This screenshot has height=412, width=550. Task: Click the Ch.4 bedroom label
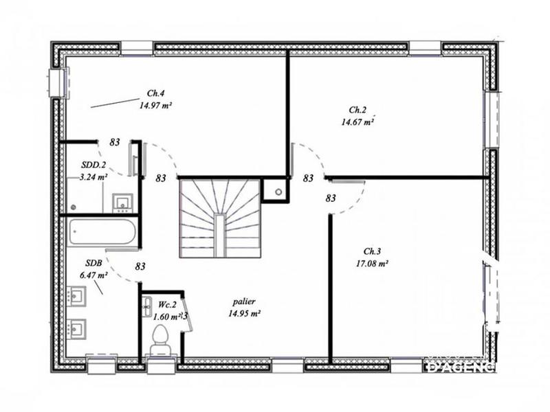155,93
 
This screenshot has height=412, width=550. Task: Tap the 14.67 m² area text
357,122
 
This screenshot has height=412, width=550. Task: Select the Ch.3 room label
373,251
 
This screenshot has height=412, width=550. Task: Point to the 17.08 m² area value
373,263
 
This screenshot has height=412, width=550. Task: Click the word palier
243,301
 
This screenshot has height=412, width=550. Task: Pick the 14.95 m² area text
243,313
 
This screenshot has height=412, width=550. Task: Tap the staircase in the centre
219,218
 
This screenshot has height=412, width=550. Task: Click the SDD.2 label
93,165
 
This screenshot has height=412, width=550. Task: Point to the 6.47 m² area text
93,275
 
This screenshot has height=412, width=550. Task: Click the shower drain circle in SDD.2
74,206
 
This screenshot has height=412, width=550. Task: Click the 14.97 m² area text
155,106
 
